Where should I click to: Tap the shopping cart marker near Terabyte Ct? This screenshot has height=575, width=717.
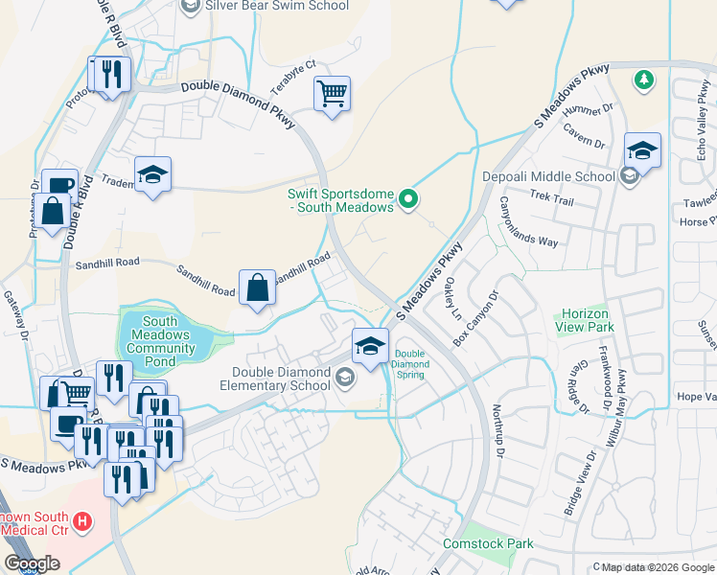tap(332, 94)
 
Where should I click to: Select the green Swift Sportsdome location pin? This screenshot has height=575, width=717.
tap(408, 199)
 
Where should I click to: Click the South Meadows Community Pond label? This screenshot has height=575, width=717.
tap(161, 342)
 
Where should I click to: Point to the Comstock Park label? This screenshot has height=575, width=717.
tap(488, 543)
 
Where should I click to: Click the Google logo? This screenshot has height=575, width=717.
tap(32, 563)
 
